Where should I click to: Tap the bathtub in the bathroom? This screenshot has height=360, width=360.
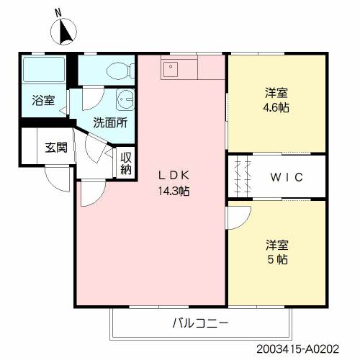(x=45, y=71)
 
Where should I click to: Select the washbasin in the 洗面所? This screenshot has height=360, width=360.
(x=125, y=99)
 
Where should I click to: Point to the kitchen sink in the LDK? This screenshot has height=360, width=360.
(x=171, y=68)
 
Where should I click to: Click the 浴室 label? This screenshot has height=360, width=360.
(x=42, y=101)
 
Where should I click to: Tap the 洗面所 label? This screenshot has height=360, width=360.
(x=110, y=122)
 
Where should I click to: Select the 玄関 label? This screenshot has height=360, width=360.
(x=56, y=148)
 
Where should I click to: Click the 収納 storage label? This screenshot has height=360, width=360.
(x=126, y=163)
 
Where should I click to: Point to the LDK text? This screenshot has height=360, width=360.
(x=174, y=175)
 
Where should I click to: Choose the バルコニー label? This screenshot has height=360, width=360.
(x=200, y=323)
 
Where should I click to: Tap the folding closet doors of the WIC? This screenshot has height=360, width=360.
(x=241, y=177)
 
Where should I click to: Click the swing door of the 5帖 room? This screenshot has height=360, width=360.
(x=238, y=215)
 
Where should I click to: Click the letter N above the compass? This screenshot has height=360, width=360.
(x=58, y=12)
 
